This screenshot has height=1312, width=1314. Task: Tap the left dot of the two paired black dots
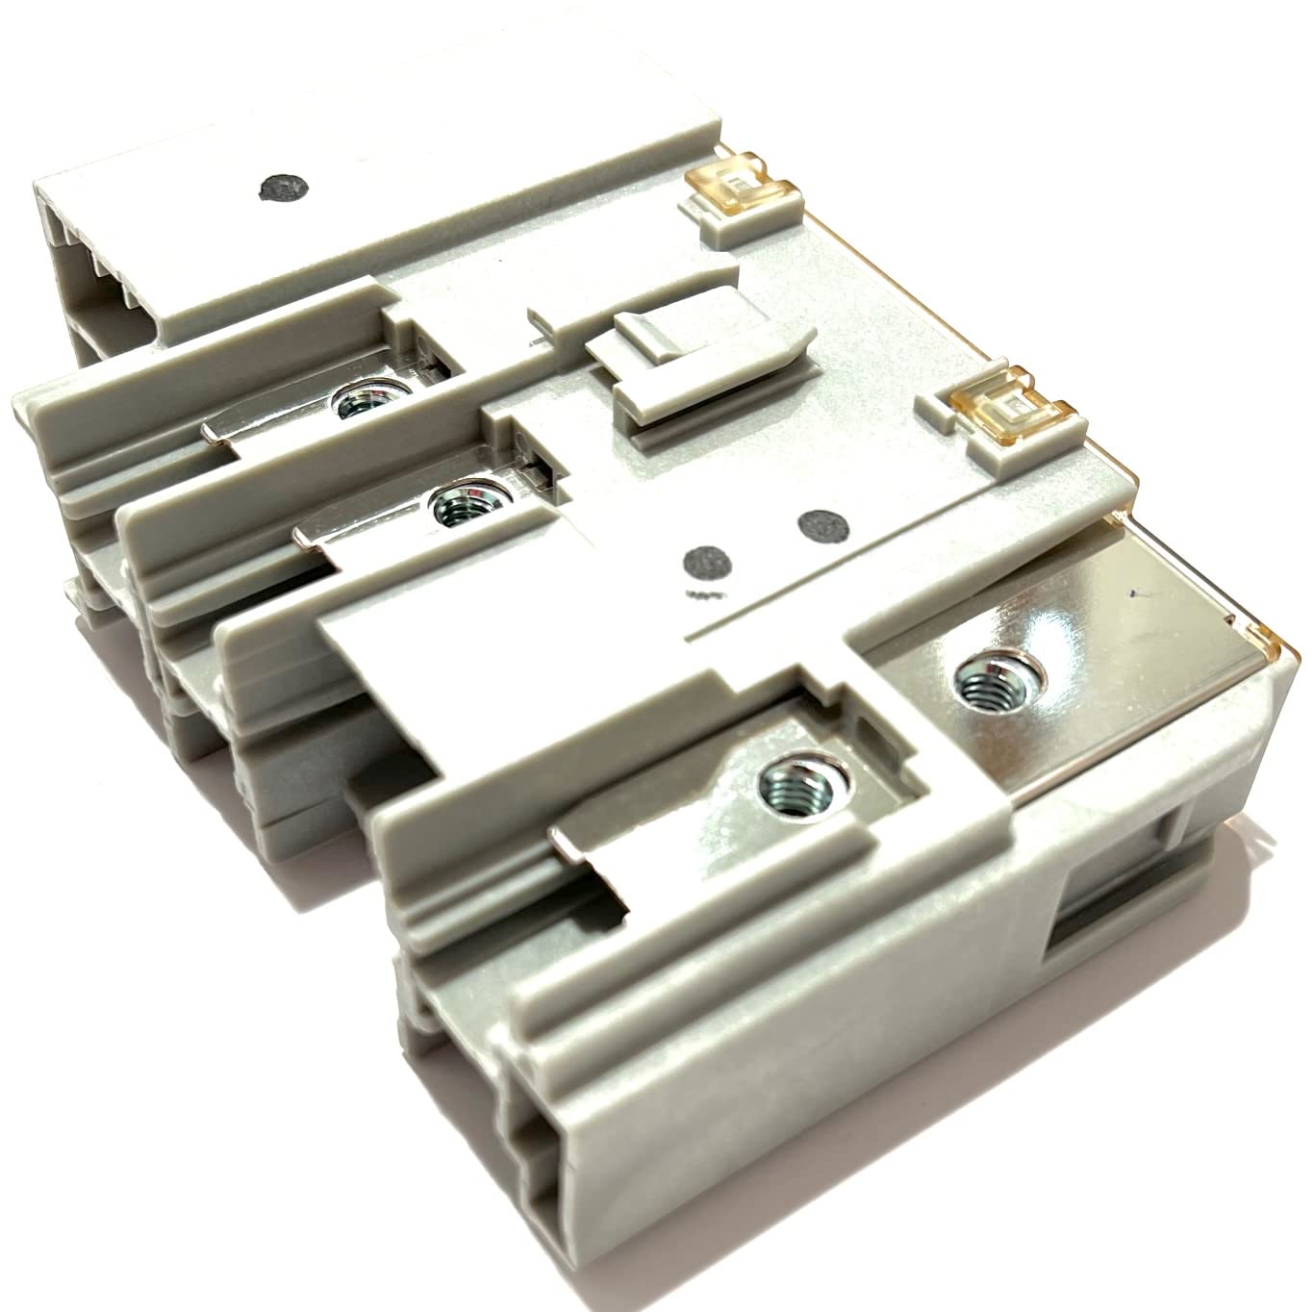(705, 560)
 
